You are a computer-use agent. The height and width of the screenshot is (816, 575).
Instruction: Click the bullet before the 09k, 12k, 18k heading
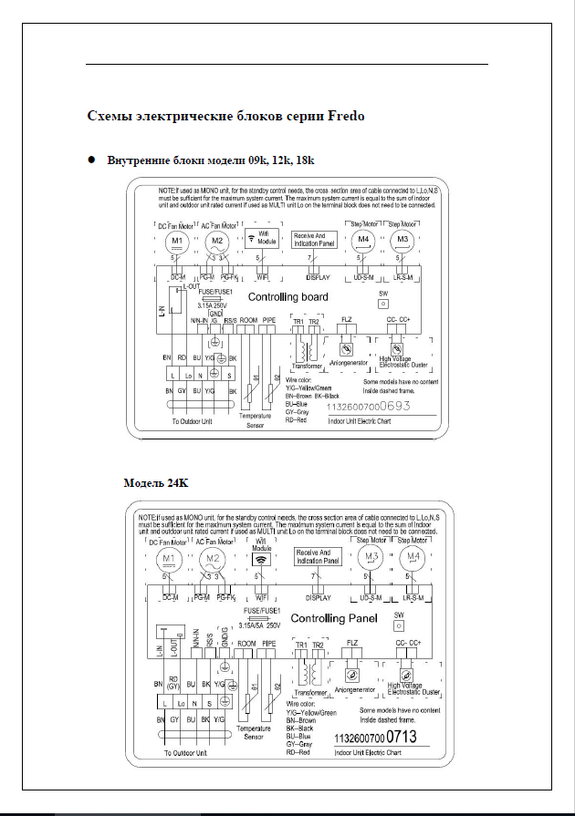91,160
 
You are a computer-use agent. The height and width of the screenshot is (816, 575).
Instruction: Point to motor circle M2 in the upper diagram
217,242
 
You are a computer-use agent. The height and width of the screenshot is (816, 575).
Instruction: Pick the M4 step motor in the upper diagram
363,241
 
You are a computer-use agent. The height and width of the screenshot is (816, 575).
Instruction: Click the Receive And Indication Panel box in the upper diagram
315,240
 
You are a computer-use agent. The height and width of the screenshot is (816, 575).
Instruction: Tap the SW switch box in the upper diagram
382,306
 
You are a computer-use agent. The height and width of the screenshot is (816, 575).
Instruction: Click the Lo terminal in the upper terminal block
188,375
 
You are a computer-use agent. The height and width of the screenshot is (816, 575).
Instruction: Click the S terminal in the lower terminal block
209,703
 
